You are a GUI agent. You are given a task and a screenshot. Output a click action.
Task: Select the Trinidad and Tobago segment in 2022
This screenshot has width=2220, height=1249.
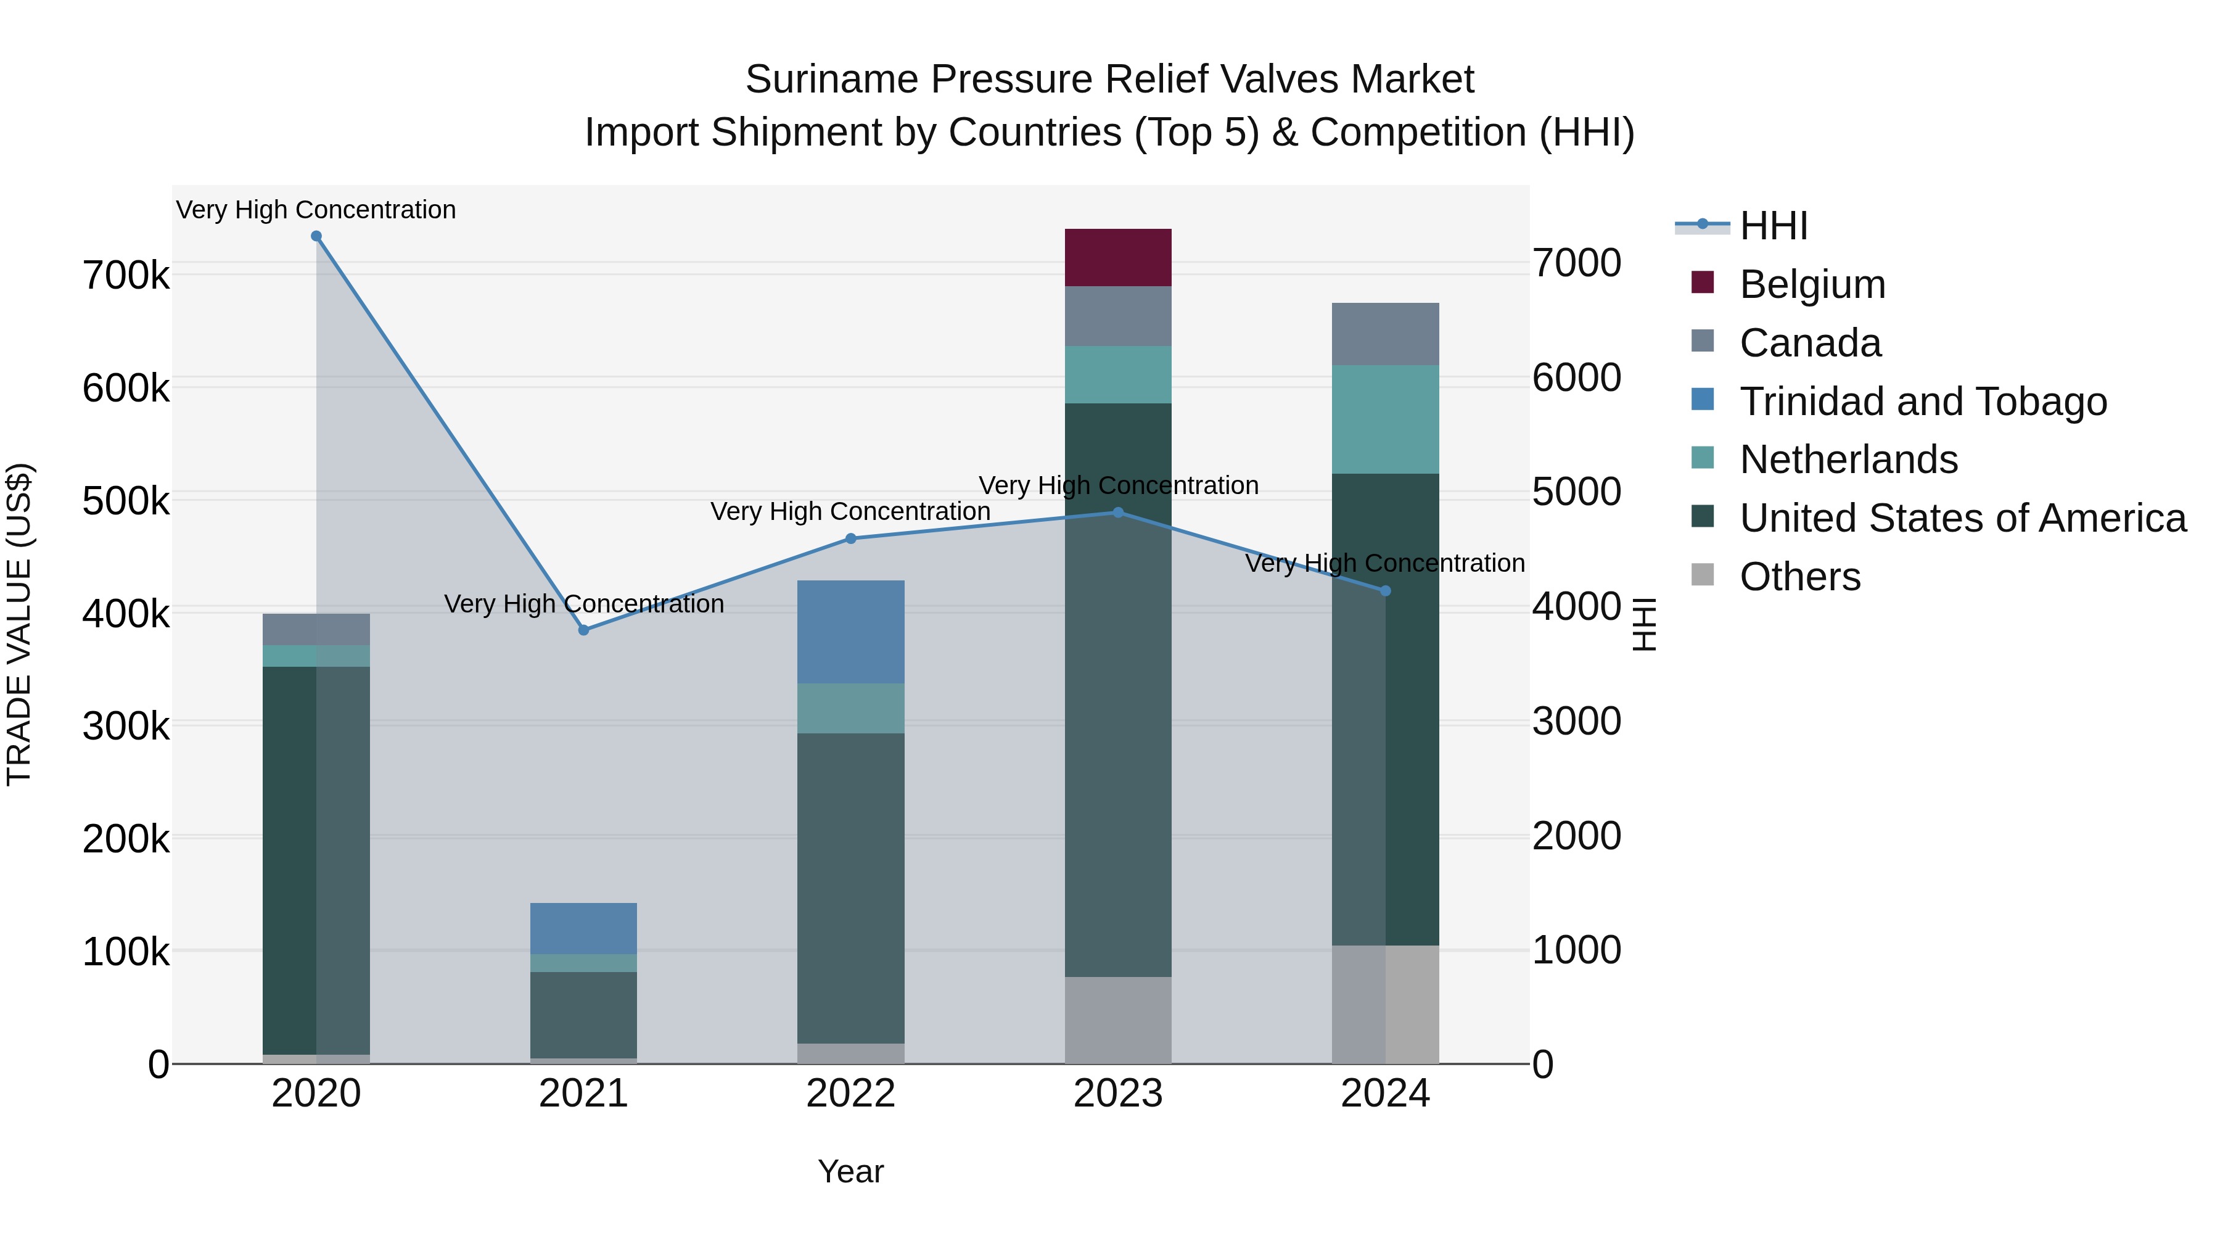pyautogui.click(x=850, y=631)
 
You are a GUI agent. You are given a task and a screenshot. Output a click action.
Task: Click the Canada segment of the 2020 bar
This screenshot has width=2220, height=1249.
pyautogui.click(x=316, y=629)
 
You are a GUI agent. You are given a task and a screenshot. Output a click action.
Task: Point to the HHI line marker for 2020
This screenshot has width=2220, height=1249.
pyautogui.click(x=316, y=236)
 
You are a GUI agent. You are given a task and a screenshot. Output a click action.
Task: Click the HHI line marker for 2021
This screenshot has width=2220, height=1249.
pyautogui.click(x=583, y=630)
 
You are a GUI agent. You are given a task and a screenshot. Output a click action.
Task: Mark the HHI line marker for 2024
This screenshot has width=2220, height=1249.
pyautogui.click(x=1385, y=590)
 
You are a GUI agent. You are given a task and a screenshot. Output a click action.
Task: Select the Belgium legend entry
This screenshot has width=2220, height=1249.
pyautogui.click(x=1812, y=284)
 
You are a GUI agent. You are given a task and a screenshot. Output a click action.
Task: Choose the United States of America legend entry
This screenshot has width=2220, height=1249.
pyautogui.click(x=1962, y=518)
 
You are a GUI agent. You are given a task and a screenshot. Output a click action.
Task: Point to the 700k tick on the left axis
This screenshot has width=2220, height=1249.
pyautogui.click(x=126, y=276)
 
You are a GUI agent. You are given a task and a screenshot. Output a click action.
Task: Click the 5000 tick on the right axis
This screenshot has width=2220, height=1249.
pyautogui.click(x=1576, y=492)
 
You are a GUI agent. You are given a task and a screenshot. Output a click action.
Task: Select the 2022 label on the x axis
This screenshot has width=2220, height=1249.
pyautogui.click(x=850, y=1094)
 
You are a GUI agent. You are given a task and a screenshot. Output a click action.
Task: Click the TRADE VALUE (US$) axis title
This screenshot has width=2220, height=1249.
pyautogui.click(x=19, y=624)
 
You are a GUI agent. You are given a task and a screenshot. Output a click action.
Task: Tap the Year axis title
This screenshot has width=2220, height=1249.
pyautogui.click(x=850, y=1171)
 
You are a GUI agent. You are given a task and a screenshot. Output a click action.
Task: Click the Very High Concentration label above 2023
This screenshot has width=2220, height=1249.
pyautogui.click(x=1118, y=485)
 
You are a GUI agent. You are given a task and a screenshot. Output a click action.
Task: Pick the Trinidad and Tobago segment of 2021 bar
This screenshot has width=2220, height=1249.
pyautogui.click(x=583, y=928)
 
